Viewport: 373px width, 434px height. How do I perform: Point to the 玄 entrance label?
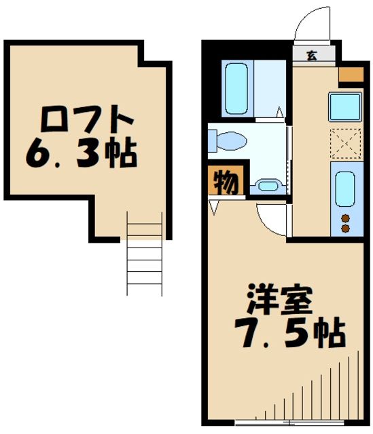(x=311, y=56)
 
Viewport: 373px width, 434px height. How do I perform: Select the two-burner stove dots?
(x=344, y=223)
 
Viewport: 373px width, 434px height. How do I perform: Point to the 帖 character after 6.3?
(x=122, y=154)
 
